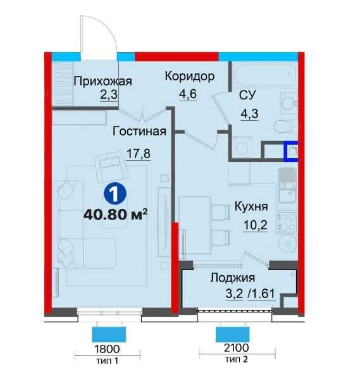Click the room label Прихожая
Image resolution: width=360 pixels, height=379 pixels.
click(102, 81)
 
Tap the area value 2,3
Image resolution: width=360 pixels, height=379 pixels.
click(109, 94)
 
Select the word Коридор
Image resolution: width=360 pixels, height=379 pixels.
click(189, 77)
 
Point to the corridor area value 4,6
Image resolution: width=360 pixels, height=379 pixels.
click(187, 94)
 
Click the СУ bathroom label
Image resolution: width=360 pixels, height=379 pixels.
click(247, 95)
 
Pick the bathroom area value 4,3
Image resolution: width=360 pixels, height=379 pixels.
click(249, 113)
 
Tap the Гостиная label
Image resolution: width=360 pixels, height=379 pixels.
click(139, 132)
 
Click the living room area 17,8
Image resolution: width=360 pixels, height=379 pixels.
click(139, 154)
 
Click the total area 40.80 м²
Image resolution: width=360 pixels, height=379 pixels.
click(115, 214)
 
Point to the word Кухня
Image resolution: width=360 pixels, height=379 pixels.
click(251, 207)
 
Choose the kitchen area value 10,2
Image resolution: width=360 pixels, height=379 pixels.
click(256, 225)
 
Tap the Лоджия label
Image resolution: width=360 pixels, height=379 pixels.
click(232, 278)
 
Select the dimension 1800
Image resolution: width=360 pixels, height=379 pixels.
click(107, 349)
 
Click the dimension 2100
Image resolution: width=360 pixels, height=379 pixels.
click(236, 348)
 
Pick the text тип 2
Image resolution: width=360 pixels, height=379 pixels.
click(237, 359)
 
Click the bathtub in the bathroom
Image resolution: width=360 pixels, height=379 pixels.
click(264, 75)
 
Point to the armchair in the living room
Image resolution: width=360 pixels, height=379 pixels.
click(112, 167)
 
